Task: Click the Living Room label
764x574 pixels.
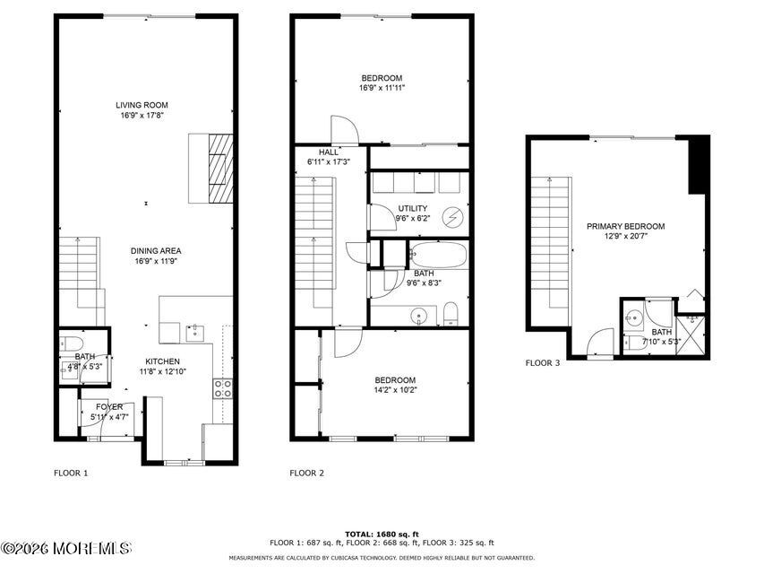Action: tap(142, 105)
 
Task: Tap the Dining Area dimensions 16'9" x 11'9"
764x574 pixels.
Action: tap(156, 261)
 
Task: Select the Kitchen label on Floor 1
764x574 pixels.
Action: tap(163, 361)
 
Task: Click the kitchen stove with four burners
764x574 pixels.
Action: tap(223, 388)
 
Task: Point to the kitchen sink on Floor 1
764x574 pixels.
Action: tap(195, 333)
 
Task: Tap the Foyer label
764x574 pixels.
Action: tap(109, 407)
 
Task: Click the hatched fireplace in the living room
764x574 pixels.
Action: tap(220, 169)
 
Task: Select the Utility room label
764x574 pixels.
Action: tap(413, 208)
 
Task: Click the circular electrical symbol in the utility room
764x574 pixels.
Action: tap(452, 217)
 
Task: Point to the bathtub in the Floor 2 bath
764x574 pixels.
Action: tap(438, 255)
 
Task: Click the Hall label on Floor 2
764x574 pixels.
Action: tap(329, 152)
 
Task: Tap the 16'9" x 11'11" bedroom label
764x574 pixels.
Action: tap(382, 83)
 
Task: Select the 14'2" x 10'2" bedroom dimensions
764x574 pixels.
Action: tap(395, 390)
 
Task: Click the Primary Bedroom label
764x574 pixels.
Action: tap(626, 227)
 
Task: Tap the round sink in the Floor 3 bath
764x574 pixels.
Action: tap(634, 318)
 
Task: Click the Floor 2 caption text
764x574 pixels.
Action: tap(306, 473)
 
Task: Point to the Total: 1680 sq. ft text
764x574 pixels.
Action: tap(382, 535)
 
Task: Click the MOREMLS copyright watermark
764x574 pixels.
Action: tap(65, 549)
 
